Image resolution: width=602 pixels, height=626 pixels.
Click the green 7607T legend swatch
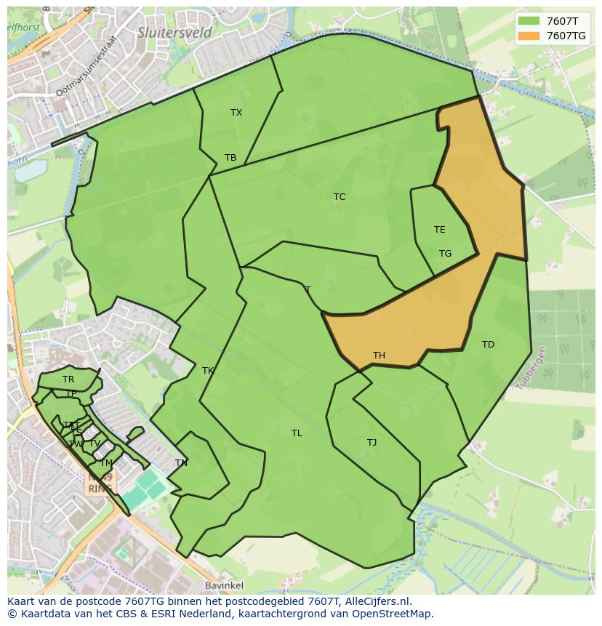pos(529,21)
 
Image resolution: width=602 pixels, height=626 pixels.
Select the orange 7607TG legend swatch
pos(529,36)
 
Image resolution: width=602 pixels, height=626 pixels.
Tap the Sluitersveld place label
pos(174,33)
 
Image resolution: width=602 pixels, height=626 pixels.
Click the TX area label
pos(236,113)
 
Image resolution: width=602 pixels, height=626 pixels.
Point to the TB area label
pos(230,158)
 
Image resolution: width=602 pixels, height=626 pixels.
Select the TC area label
pos(340,197)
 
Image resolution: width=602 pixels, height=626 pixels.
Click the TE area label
pos(439,230)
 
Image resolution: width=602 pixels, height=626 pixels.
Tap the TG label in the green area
pos(445,254)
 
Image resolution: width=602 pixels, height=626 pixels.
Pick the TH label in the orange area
pos(379,356)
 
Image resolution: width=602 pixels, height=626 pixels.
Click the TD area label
pos(488,345)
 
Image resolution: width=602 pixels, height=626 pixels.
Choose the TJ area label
pos(372,443)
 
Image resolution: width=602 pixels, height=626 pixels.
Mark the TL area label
pos(297,433)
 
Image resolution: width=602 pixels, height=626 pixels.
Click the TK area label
pos(208,371)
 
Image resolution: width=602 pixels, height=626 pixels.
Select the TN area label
pos(181,463)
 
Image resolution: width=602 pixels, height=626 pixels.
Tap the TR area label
pos(68,380)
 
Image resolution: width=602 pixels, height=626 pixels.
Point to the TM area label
pos(106,463)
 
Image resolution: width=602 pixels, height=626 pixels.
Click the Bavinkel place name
pos(223,585)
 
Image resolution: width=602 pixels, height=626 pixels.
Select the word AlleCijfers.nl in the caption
pos(378,601)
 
